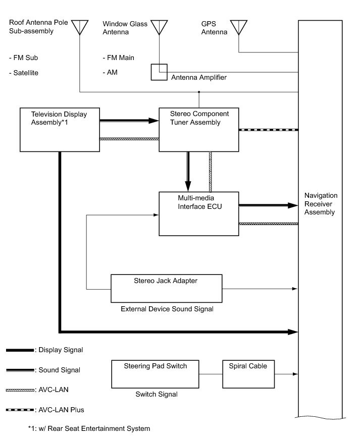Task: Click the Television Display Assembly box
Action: click(59, 129)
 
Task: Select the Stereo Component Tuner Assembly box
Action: click(198, 129)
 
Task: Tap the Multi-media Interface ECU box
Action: click(198, 213)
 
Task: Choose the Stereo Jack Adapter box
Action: click(166, 289)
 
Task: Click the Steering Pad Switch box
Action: click(155, 374)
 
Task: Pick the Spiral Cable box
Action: click(248, 374)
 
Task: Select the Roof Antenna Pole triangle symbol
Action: click(80, 27)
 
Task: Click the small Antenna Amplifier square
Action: click(159, 72)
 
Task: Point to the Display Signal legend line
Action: click(20, 350)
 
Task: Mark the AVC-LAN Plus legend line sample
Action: click(20, 410)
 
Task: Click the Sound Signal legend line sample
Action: click(20, 370)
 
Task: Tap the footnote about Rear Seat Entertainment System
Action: click(89, 429)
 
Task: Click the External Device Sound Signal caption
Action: click(167, 309)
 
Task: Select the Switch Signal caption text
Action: click(157, 395)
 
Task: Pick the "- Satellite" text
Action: click(24, 73)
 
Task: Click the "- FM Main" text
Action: click(118, 58)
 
